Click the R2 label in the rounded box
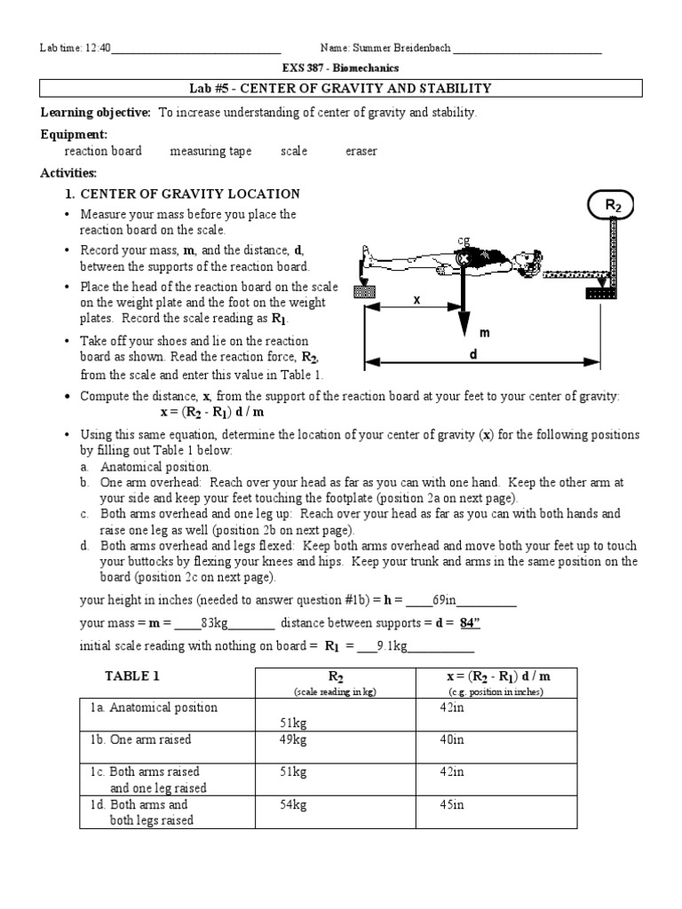[x=614, y=205]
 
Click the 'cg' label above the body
[x=463, y=240]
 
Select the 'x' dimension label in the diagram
[x=415, y=300]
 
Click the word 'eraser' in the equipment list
[x=361, y=151]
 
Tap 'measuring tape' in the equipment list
[x=210, y=151]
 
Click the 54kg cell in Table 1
[x=293, y=805]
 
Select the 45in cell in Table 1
[x=452, y=805]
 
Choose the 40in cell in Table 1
[x=452, y=739]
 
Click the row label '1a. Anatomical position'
[x=153, y=707]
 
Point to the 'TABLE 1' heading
[x=132, y=676]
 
